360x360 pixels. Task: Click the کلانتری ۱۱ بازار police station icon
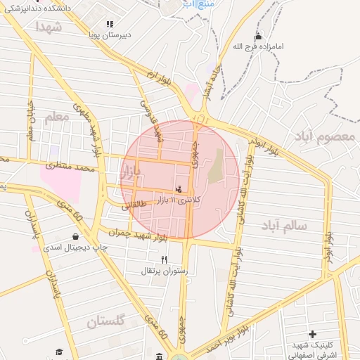tap(179, 188)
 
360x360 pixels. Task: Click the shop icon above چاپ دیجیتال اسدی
tap(75, 236)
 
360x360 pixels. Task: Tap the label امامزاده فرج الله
tap(259, 48)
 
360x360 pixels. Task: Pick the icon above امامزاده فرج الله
tap(258, 37)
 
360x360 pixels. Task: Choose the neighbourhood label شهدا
tap(48, 27)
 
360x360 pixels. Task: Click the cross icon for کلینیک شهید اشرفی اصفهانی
tap(312, 333)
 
